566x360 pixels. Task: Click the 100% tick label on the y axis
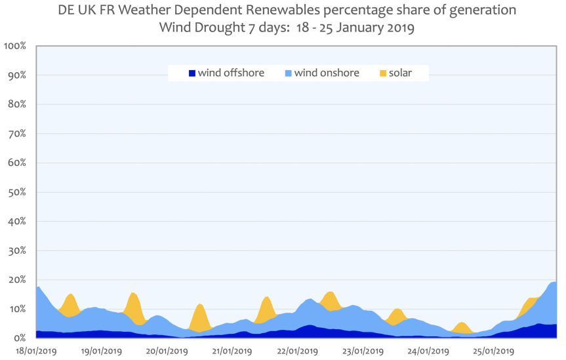[x=14, y=46]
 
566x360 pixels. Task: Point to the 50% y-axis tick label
[x=16, y=192]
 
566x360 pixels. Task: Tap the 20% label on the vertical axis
[x=16, y=280]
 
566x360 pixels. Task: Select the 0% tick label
[x=18, y=338]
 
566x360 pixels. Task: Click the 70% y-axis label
[x=16, y=134]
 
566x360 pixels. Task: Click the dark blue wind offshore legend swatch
[x=192, y=73]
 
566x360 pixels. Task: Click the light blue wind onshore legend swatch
[x=287, y=73]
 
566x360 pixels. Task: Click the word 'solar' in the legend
[x=400, y=73]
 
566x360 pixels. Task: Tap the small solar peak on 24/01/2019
[x=462, y=327]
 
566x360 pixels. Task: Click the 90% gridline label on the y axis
[x=16, y=75]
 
